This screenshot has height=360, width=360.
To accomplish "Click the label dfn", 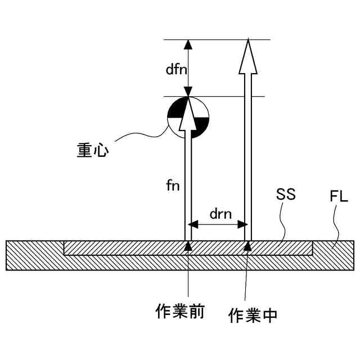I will [x=176, y=69].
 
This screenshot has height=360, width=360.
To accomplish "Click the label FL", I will [x=339, y=197].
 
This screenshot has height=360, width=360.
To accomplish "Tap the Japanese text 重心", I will [x=93, y=150].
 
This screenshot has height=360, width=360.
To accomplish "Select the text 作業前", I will [x=179, y=311].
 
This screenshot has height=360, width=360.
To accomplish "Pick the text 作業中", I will [x=253, y=316].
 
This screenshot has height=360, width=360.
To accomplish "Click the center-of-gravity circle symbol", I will [x=188, y=118].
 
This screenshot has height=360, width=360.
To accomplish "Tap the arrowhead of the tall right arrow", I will [x=247, y=56].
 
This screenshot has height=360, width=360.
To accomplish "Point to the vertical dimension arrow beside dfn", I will [x=188, y=67].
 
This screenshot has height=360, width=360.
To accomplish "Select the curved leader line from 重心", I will [x=141, y=135].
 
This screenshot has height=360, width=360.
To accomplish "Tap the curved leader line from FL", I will [x=336, y=228].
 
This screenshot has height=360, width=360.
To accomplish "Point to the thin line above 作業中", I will [x=246, y=276].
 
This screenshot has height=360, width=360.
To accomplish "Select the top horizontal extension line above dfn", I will [x=217, y=40].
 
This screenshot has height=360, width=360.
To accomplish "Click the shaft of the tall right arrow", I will [x=247, y=157].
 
